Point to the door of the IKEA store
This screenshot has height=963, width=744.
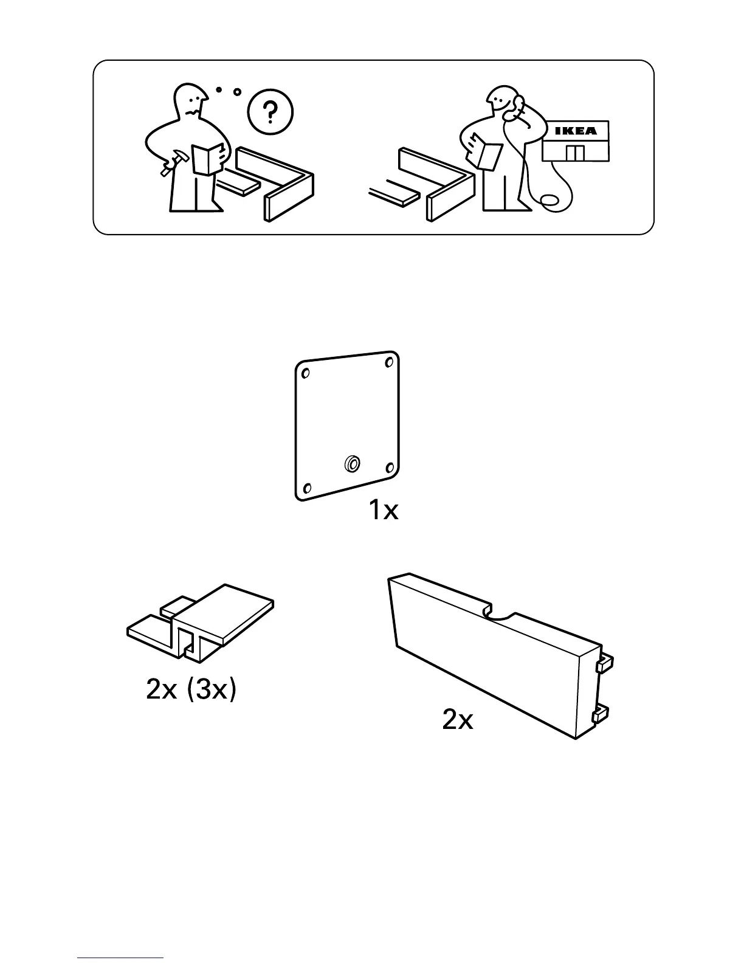point(574,153)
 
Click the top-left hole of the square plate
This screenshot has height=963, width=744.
point(306,372)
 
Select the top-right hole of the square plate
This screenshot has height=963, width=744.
point(388,363)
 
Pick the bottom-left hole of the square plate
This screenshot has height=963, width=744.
point(308,488)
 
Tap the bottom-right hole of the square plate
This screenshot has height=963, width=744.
point(389,468)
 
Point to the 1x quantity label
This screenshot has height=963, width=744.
point(384,511)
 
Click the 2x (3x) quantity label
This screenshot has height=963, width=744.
point(190,689)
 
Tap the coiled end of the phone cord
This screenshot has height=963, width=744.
point(550,200)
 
